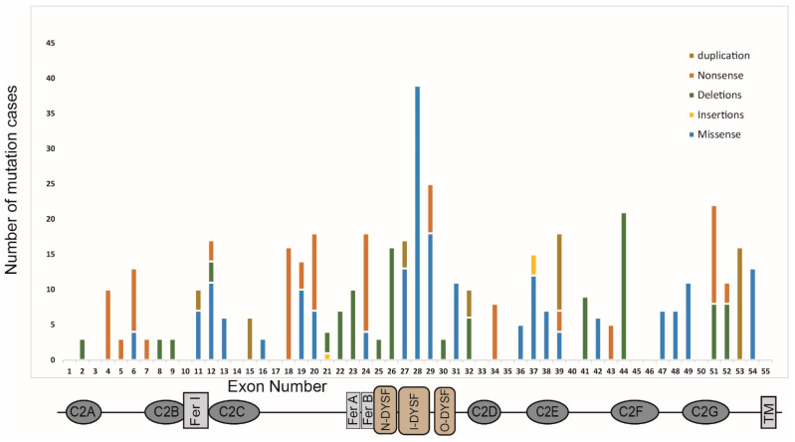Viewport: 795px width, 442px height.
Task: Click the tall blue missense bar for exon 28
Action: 417,219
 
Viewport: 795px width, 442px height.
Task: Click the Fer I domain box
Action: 196,411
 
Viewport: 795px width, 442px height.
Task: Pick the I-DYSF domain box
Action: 415,411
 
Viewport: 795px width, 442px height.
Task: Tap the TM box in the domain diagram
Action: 768,411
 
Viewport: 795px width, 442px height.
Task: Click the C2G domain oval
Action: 701,411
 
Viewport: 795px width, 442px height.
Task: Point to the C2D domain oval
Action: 484,411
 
